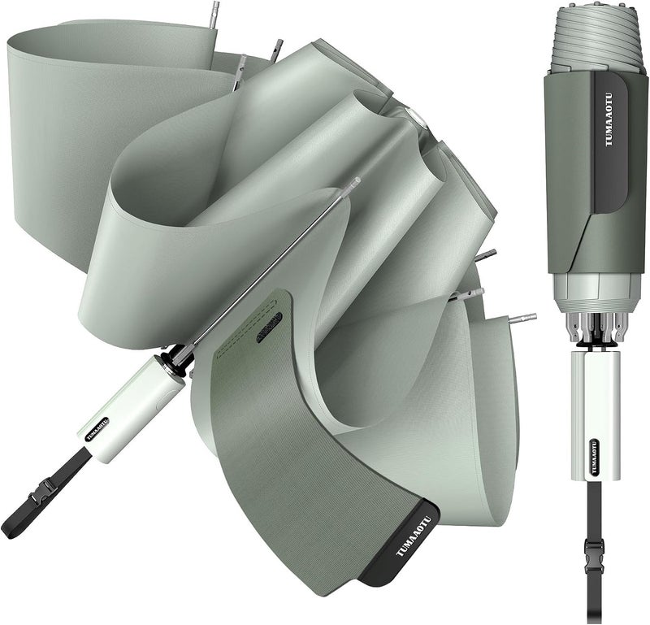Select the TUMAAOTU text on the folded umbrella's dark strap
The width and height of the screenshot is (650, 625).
pyautogui.click(x=609, y=119)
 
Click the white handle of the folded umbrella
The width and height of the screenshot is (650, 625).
pyautogui.click(x=596, y=415)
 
